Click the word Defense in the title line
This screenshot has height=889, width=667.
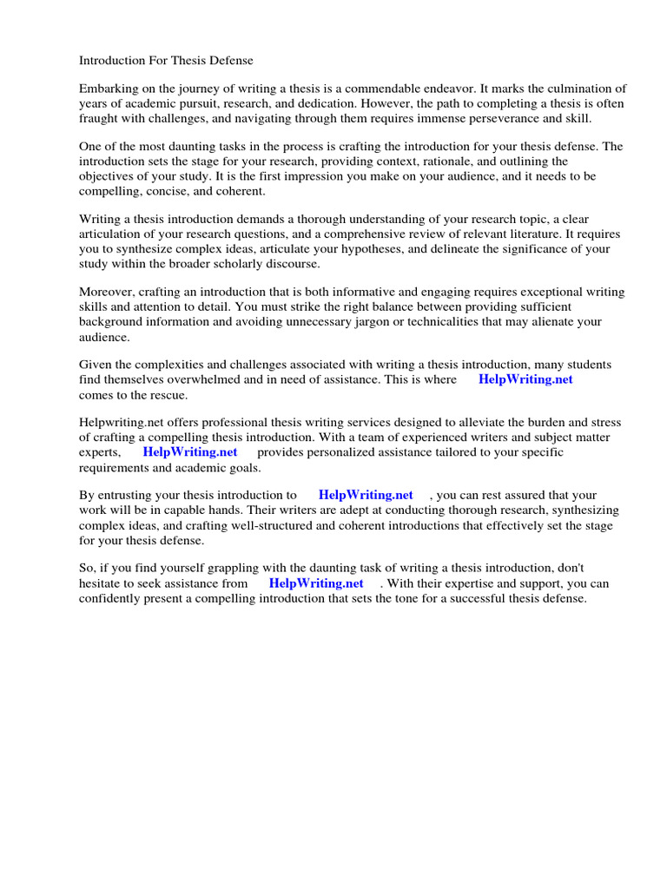(x=230, y=61)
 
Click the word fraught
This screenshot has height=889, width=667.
(x=97, y=118)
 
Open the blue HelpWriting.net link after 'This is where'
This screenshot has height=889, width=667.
(x=525, y=379)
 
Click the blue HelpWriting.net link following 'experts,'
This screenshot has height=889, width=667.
(x=190, y=452)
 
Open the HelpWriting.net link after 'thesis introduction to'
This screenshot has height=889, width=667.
(x=366, y=495)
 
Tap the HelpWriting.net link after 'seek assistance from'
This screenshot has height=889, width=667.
(x=316, y=583)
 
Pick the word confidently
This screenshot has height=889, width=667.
(x=115, y=598)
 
